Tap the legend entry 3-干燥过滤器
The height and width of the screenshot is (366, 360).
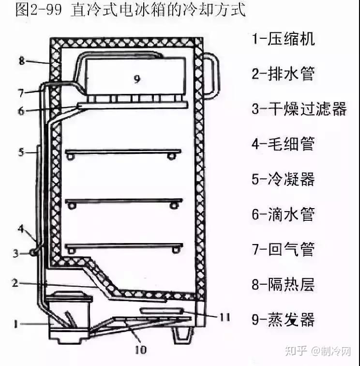299,108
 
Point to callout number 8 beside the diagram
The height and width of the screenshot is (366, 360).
21,61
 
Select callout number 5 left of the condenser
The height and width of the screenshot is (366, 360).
21,152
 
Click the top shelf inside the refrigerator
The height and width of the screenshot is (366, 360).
123,152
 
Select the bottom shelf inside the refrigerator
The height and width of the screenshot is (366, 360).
123,246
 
